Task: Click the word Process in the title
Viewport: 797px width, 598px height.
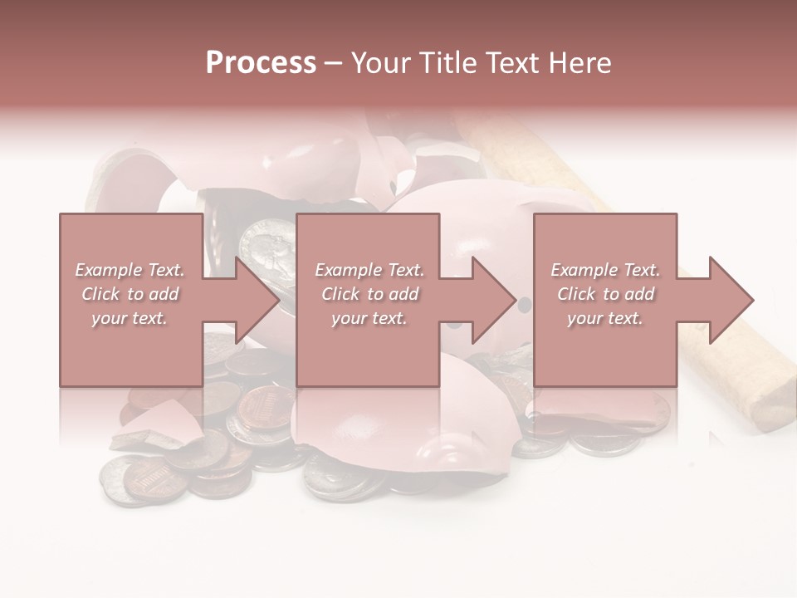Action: (x=261, y=63)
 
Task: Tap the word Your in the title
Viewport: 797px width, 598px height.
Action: (x=379, y=63)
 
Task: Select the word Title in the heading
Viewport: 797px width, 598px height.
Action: (x=447, y=63)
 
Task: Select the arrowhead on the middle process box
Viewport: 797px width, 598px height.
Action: (x=493, y=300)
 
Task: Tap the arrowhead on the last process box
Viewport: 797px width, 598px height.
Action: (x=731, y=300)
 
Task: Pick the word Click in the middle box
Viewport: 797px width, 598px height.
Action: (x=341, y=294)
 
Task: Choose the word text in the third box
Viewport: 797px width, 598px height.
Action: (x=625, y=318)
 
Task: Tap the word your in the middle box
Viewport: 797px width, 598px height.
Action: (x=349, y=318)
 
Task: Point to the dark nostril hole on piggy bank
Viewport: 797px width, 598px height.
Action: (x=523, y=306)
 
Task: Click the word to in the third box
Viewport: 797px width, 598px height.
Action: (x=611, y=294)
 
